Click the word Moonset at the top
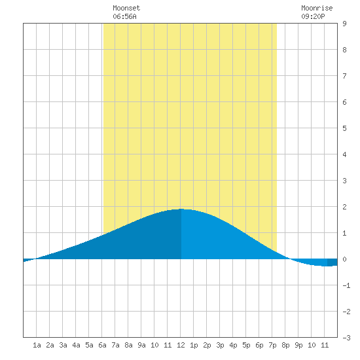coord(126,8)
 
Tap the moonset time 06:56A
coord(124,16)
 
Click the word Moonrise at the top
coord(317,8)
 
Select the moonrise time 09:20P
coord(313,16)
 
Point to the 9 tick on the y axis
coord(344,24)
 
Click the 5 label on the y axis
coord(344,128)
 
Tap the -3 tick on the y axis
coord(346,338)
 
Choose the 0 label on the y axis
coord(344,259)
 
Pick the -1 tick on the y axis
coord(346,285)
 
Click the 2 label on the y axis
coord(344,207)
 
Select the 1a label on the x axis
coord(37,345)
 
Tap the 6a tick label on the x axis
coord(102,345)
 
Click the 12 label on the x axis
coord(181,345)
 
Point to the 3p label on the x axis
coord(220,345)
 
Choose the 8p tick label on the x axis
coord(285,345)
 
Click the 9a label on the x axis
coord(141,345)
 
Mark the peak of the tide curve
coord(181,209)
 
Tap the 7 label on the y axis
coord(344,76)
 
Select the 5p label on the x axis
coord(246,345)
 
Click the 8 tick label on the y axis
coord(344,50)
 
